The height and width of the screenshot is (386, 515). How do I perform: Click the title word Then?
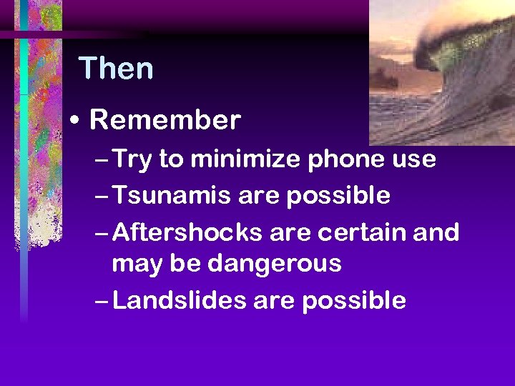[x=116, y=69]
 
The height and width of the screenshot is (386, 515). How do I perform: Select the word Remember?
[x=165, y=120]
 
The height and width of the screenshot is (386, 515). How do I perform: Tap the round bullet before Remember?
[x=77, y=121]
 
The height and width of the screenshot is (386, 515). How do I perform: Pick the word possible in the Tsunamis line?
[x=338, y=196]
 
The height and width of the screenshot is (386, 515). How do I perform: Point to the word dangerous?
[x=274, y=264]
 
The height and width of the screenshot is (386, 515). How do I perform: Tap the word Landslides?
[x=179, y=300]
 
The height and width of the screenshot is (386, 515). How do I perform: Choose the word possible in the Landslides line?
[x=353, y=301]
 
